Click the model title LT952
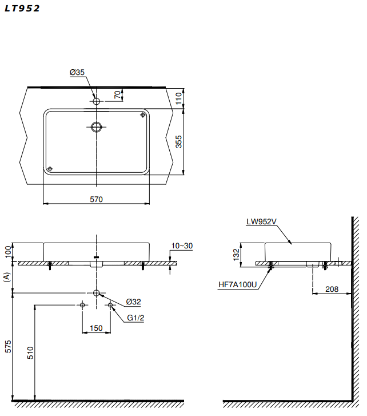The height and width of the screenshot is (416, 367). pyautogui.click(x=23, y=9)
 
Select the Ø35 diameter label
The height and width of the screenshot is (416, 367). pyautogui.click(x=77, y=72)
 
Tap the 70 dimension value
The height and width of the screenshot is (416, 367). pyautogui.click(x=118, y=94)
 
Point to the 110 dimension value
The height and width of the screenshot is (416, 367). pyautogui.click(x=179, y=98)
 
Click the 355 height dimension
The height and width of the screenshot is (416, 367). pyautogui.click(x=179, y=142)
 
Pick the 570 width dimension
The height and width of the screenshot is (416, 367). pyautogui.click(x=96, y=199)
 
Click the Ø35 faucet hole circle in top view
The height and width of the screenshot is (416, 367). pyautogui.click(x=97, y=101)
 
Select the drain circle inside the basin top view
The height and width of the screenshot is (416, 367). pyautogui.click(x=97, y=127)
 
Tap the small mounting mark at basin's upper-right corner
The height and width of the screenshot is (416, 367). pyautogui.click(x=142, y=115)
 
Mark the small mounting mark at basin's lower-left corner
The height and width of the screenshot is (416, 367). pyautogui.click(x=50, y=168)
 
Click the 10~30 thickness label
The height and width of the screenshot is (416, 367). pyautogui.click(x=182, y=246)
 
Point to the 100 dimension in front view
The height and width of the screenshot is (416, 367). pyautogui.click(x=8, y=252)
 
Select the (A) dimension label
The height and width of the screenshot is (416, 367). pyautogui.click(x=7, y=278)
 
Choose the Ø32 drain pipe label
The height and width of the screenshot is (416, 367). pyautogui.click(x=133, y=302)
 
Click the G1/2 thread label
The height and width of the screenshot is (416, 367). pyautogui.click(x=135, y=318)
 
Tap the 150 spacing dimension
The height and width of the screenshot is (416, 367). pyautogui.click(x=96, y=328)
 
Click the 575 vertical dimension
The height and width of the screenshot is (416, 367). pyautogui.click(x=8, y=347)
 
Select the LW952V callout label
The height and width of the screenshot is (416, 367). pyautogui.click(x=261, y=221)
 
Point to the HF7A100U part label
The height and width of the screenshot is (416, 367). pyautogui.click(x=238, y=283)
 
